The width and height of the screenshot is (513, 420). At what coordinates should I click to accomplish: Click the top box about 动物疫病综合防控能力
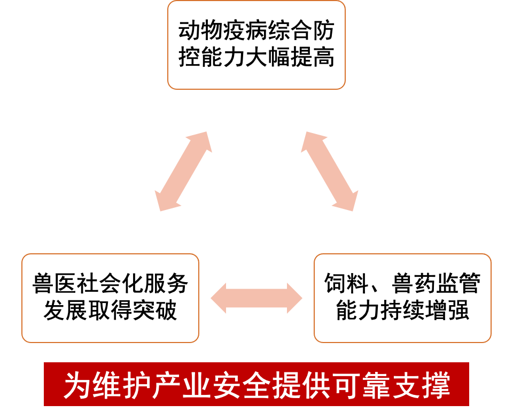click(256, 45)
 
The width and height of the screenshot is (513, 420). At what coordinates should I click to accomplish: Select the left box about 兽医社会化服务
click(110, 298)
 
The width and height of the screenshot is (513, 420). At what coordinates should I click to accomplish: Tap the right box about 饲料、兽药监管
click(402, 298)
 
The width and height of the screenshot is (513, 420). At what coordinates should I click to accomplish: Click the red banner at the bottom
click(256, 384)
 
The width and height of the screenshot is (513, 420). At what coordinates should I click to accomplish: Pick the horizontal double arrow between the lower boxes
click(256, 298)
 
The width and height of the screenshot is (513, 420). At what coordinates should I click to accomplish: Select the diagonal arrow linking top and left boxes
click(183, 170)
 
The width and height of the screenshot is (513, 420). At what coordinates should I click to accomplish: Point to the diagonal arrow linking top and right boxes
click(330, 170)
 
